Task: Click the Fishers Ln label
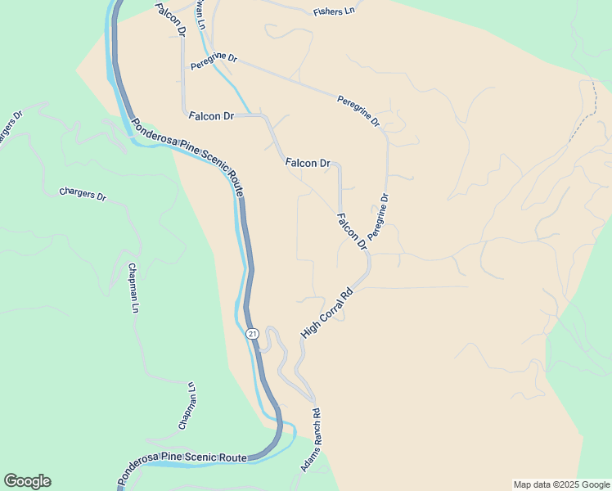334,11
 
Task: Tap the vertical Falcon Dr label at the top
169,17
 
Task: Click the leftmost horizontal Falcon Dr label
211,116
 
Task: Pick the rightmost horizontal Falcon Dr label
308,164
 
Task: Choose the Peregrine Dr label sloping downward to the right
358,110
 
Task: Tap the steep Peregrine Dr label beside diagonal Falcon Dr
377,216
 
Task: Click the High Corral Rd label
326,312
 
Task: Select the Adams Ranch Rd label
310,439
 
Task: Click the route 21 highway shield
252,334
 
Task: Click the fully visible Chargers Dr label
83,195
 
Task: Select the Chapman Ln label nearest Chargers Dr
133,288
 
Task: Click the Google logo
27,481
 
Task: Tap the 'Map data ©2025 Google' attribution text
560,484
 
